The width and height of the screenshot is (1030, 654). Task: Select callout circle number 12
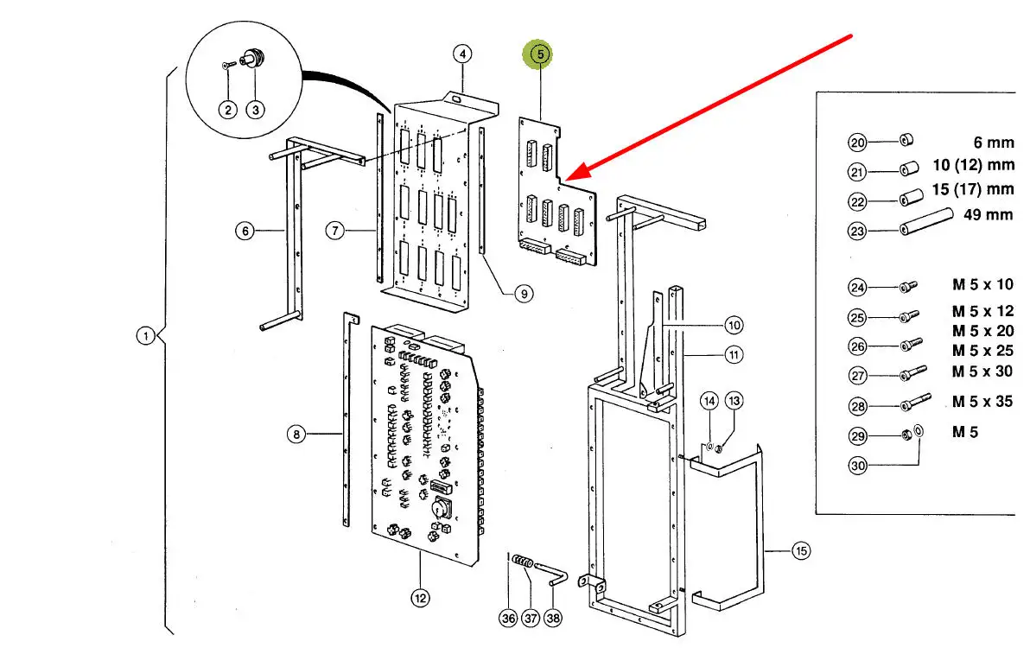tap(421, 598)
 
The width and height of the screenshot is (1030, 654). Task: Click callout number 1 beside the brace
tap(146, 336)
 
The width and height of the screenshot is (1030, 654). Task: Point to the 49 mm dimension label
tap(988, 215)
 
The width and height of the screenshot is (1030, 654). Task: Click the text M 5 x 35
tap(982, 401)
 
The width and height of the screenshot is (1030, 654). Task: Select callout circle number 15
tap(801, 551)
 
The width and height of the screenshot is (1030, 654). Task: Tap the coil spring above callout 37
tap(523, 562)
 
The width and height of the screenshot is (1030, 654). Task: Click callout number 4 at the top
tap(462, 54)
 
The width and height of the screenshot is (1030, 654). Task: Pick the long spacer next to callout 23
tap(926, 220)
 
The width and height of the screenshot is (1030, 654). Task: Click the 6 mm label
tap(993, 143)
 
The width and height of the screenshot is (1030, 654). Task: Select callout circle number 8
tap(296, 434)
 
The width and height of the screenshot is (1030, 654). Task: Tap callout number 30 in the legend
tap(858, 466)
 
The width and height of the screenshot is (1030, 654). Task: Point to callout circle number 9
tap(524, 294)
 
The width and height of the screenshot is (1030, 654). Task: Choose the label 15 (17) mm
tap(973, 190)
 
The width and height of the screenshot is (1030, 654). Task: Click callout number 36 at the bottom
tap(508, 618)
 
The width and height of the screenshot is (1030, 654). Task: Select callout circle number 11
tap(734, 355)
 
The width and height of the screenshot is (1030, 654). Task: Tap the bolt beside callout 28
tap(915, 402)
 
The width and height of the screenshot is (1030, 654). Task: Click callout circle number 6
tap(245, 231)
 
